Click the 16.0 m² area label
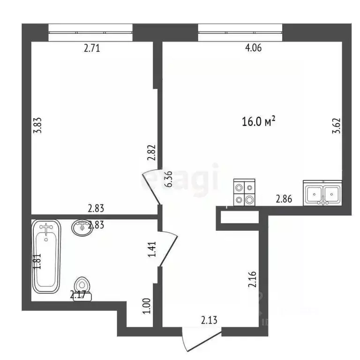point(257,122)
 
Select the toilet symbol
point(82,286)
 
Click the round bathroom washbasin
point(82,228)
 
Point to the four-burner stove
point(244,194)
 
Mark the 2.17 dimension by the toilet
point(78,295)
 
